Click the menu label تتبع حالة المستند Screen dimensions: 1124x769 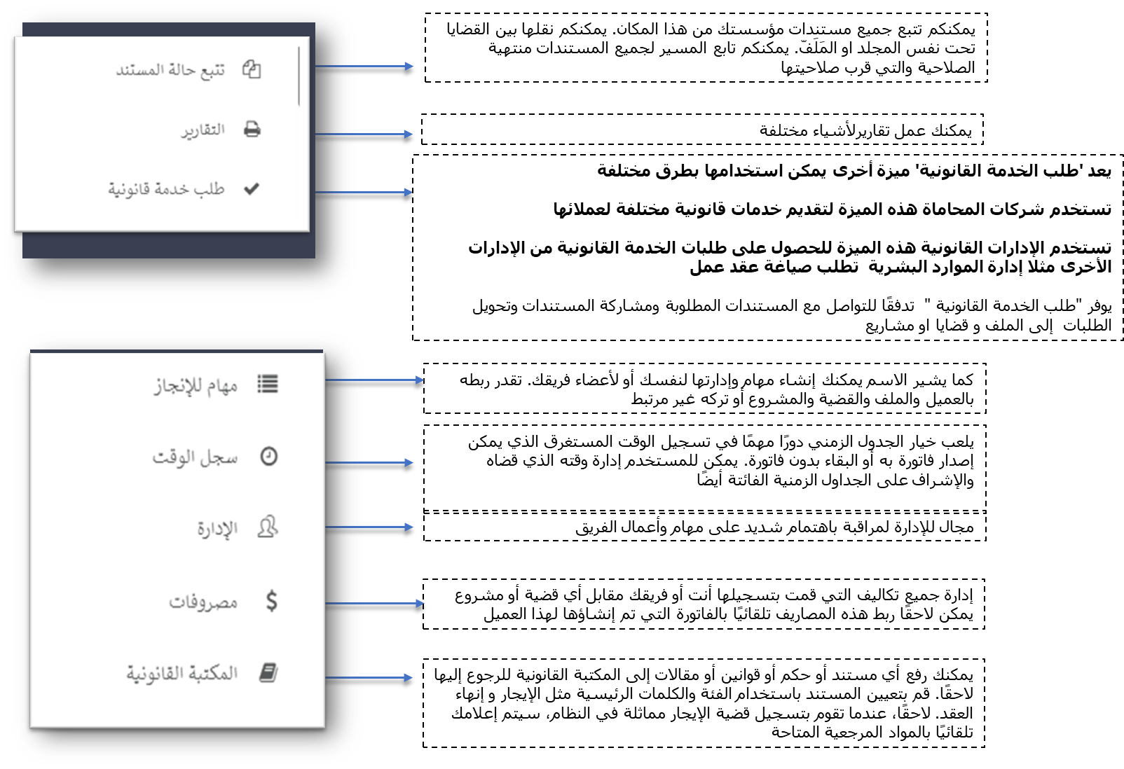(170, 70)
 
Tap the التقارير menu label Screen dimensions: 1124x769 (203, 130)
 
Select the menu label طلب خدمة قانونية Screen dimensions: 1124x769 (166, 189)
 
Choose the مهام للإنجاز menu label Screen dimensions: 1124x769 (196, 385)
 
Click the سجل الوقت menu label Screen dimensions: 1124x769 (195, 457)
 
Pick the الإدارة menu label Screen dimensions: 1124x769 (217, 529)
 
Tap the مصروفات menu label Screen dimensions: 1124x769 (203, 602)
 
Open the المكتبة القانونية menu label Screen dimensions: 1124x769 (182, 674)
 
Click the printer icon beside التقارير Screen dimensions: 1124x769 (252, 130)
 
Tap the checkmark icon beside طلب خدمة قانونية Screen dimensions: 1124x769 (252, 188)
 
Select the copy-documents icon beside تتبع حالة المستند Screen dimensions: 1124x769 (252, 69)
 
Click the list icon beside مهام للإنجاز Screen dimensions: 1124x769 (268, 384)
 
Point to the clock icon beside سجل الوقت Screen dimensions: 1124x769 (269, 457)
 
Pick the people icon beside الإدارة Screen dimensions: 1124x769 (268, 527)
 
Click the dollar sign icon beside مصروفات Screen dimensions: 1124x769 (272, 601)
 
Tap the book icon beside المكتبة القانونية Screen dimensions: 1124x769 (268, 673)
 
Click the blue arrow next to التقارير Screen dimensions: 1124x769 (364, 134)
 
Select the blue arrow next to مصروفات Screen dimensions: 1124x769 (375, 603)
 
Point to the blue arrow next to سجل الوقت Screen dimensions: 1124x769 (370, 462)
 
